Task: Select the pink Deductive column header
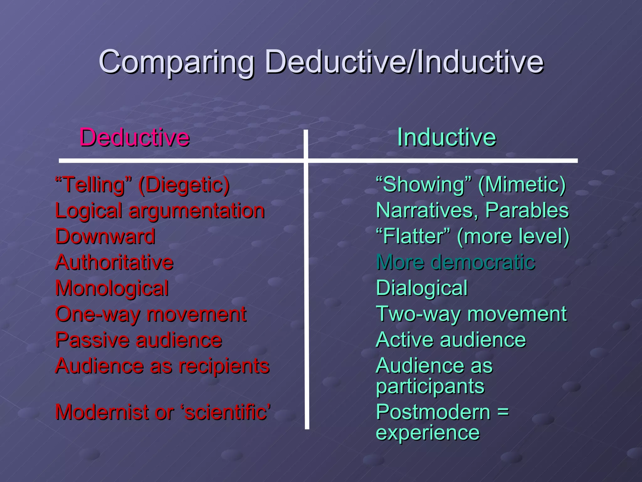coord(134,137)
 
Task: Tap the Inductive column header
coord(446,137)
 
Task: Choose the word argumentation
coord(197,211)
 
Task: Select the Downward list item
coord(105,236)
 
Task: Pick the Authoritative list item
coord(114,262)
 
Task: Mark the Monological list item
coord(112,288)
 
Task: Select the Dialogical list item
coord(422,288)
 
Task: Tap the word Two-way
coord(419,314)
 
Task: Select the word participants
coord(430,387)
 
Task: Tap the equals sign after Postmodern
coord(503,412)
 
